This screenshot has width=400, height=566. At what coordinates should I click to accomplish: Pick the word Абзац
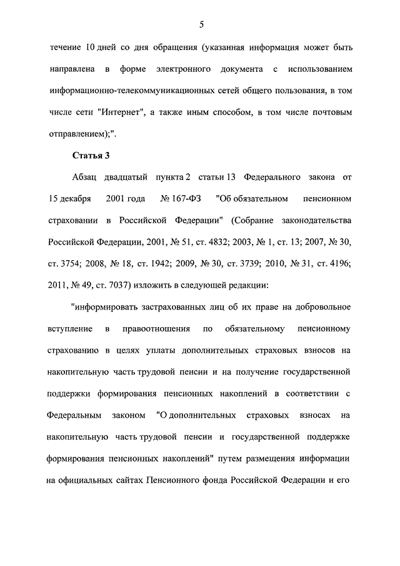(85, 177)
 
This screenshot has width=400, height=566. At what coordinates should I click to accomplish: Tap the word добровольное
(321, 307)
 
